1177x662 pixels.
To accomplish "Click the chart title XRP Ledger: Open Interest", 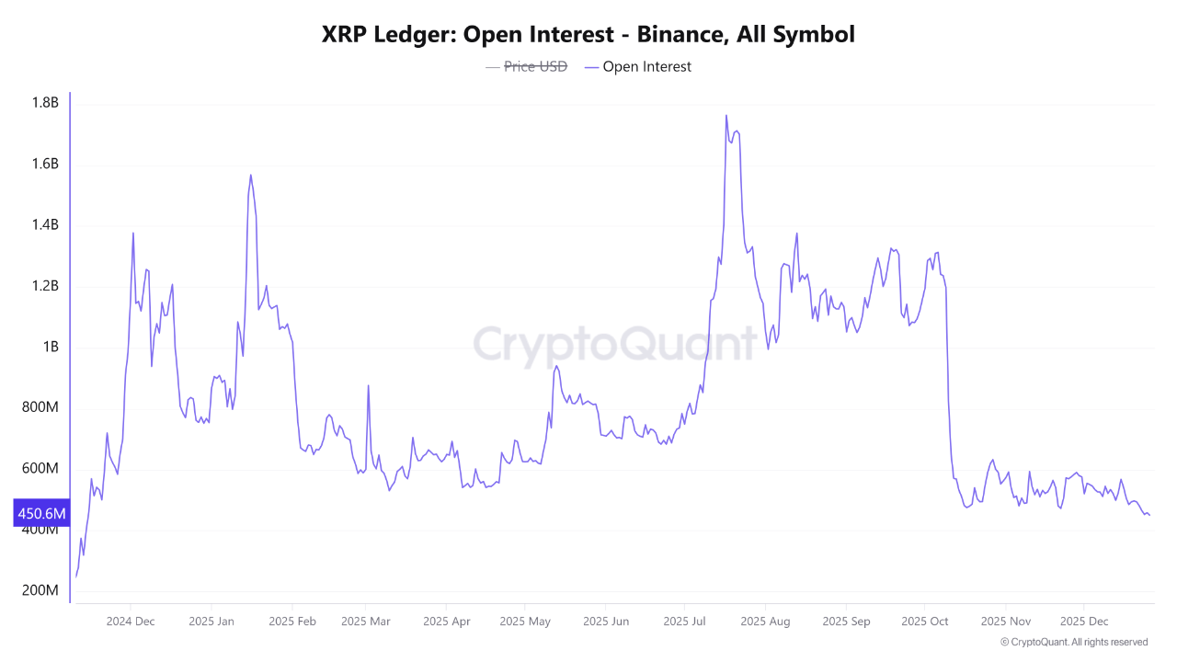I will click(x=588, y=35).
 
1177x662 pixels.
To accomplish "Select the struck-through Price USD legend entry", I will click(x=535, y=66).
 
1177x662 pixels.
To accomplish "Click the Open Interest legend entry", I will click(x=646, y=66).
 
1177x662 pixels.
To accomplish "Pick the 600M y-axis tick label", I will click(x=40, y=469).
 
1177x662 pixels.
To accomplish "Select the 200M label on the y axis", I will click(x=40, y=590).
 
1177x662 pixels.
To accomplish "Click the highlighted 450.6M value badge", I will click(x=41, y=513).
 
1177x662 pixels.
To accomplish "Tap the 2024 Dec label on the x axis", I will click(x=131, y=622).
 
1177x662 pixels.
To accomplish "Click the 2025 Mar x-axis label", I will click(x=365, y=622).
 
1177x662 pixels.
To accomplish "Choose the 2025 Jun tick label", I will click(x=606, y=622).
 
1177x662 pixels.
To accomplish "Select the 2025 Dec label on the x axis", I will click(x=1084, y=622).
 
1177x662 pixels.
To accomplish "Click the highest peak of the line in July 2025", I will click(x=726, y=116).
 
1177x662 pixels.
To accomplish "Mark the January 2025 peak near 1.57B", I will click(x=250, y=175).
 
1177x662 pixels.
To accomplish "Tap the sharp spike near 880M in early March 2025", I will click(x=369, y=386).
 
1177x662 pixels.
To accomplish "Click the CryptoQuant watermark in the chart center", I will click(x=615, y=345).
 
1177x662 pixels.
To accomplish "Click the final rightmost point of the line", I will click(x=1148, y=515).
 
